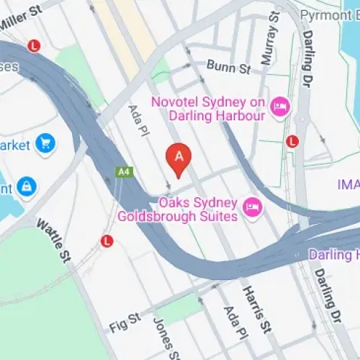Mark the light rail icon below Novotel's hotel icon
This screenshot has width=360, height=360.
(291, 140)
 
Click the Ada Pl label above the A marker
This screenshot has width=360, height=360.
(135, 119)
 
